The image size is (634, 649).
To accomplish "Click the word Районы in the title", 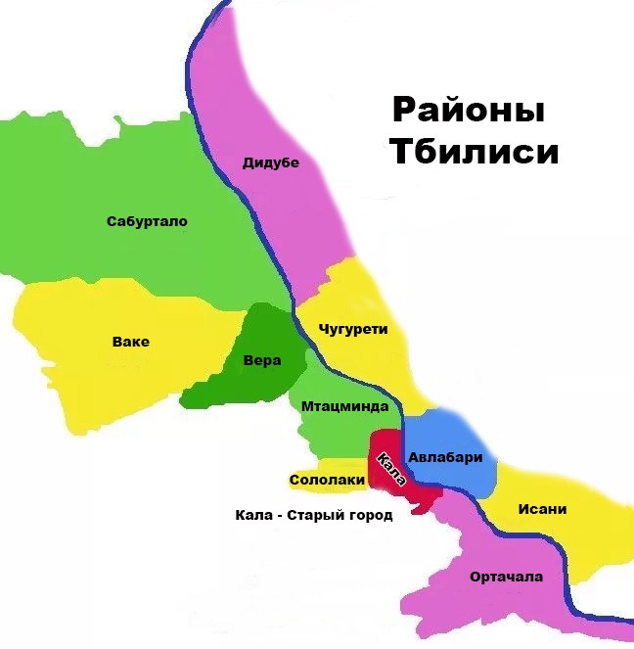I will (468, 110).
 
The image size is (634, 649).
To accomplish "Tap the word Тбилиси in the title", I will (474, 153).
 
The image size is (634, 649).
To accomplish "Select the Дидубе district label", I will (270, 162).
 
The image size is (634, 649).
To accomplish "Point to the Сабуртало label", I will (147, 221).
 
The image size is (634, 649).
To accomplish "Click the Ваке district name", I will (131, 342).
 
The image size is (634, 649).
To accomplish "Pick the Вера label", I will (261, 361).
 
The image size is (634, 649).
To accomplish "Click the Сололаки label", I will (327, 480).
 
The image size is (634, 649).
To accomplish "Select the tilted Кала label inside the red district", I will (389, 469).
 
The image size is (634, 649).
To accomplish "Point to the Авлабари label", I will (445, 456).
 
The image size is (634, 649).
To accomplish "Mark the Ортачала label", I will (506, 577).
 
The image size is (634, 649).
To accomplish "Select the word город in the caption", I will (371, 515).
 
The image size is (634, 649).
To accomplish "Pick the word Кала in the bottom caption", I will (252, 515).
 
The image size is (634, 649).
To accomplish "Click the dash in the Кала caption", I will (280, 515).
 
